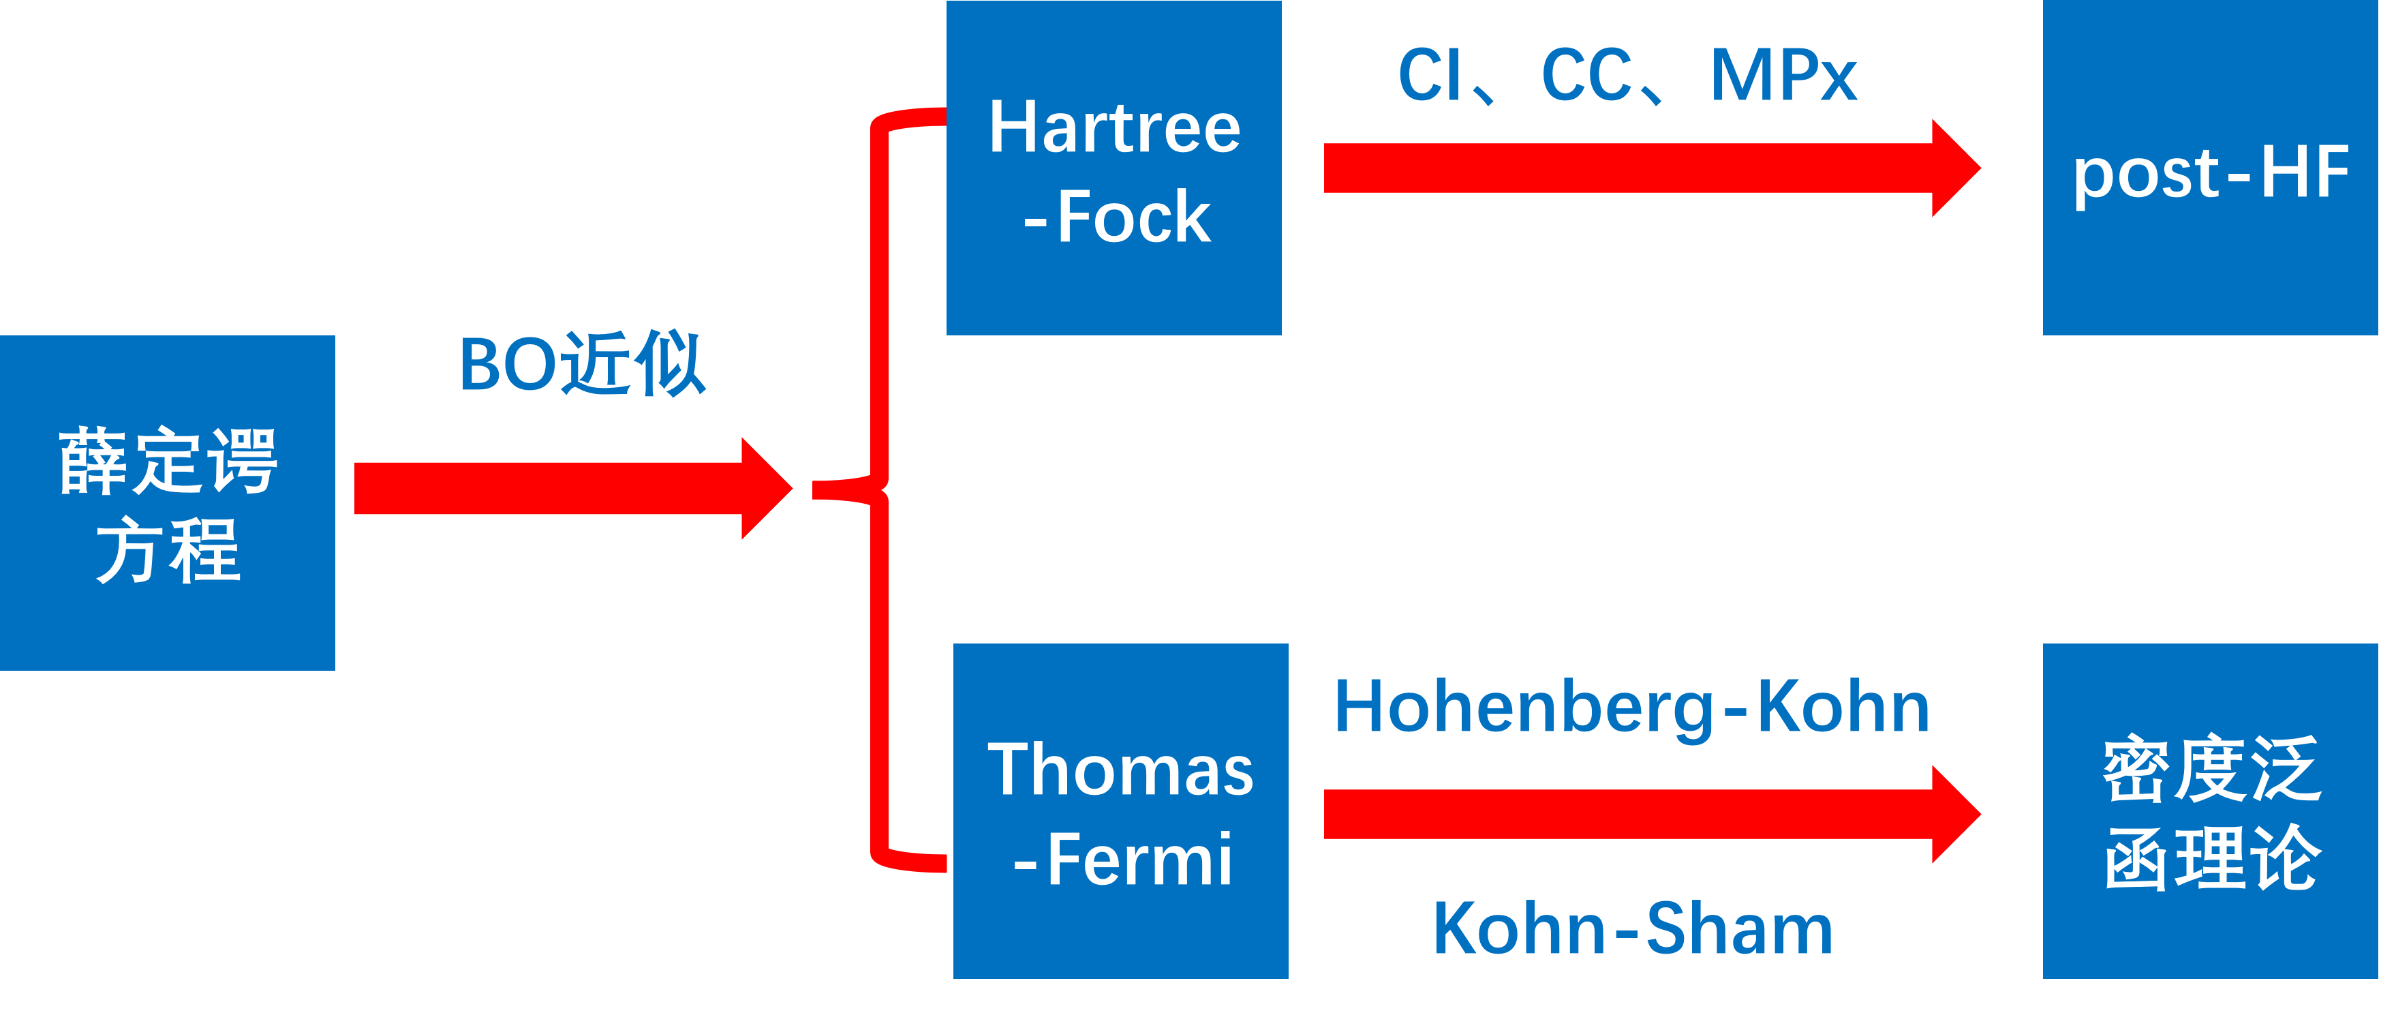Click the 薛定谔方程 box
coord(168,502)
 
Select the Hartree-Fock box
coord(1113,168)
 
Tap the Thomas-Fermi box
coord(1120,811)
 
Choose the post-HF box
coord(2210,168)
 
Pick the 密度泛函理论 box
coord(2210,811)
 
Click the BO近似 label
coord(583,364)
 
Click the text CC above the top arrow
coord(1586,74)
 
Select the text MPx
coord(1783,74)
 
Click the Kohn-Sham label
coord(1632,928)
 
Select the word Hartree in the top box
coord(1114,127)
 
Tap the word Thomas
coord(1120,770)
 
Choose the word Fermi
coord(1139,860)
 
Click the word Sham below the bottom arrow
coord(1738,928)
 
